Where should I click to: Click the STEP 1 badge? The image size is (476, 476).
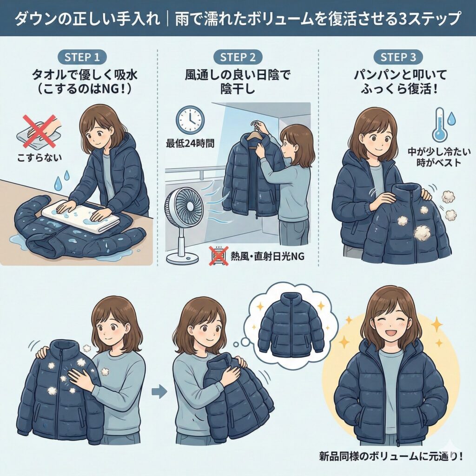click(x=82, y=57)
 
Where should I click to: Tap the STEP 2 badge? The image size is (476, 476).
click(x=238, y=57)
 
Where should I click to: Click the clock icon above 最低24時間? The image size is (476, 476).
click(x=190, y=120)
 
